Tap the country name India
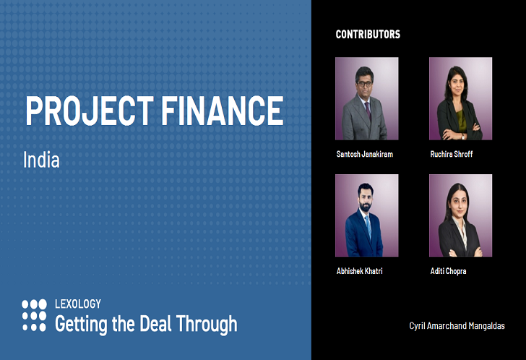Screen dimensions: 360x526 coord(41,160)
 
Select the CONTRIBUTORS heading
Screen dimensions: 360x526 coord(368,34)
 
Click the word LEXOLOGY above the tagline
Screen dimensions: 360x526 coord(78,304)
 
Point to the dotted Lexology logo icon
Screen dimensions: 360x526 coord(34,315)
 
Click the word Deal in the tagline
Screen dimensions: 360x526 coord(155,324)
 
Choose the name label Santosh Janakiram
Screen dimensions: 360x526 coord(365,155)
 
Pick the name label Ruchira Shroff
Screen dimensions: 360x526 coord(452,155)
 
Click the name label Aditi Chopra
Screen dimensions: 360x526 coord(449,271)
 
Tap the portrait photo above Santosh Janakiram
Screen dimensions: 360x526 coord(366,98)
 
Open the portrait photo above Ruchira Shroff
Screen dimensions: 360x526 coord(460,98)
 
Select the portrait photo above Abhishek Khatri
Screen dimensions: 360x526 coord(366,215)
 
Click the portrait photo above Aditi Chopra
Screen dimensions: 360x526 coord(460,215)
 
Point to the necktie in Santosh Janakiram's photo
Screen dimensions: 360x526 coord(368,111)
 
